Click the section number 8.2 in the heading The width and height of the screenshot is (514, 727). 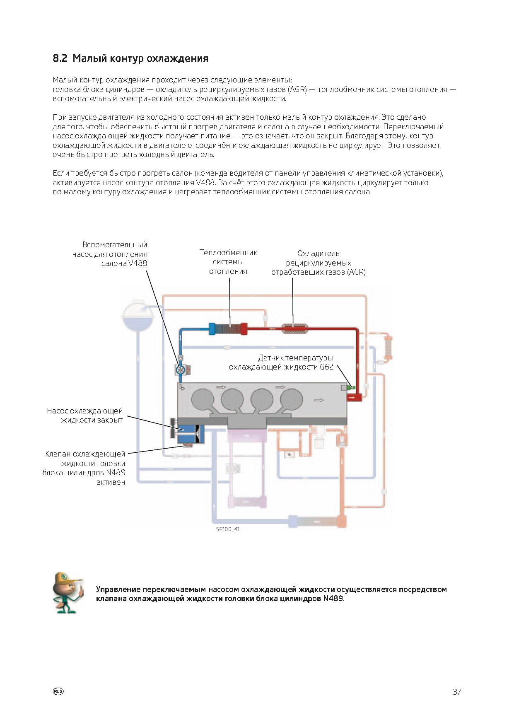click(x=60, y=58)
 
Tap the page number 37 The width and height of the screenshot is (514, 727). click(x=457, y=692)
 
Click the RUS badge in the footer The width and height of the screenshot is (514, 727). click(x=58, y=691)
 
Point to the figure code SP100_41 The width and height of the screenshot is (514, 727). click(x=227, y=529)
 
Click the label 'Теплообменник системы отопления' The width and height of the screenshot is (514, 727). click(x=228, y=262)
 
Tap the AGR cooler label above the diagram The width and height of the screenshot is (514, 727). click(x=319, y=263)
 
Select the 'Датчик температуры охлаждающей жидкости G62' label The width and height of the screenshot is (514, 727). click(x=281, y=362)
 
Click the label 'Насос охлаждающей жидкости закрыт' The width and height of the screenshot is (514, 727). click(x=85, y=415)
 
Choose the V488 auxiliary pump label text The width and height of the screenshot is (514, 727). click(x=110, y=254)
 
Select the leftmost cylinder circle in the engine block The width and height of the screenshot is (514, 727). click(x=203, y=400)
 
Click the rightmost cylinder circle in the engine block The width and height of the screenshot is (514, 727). click(x=292, y=400)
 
